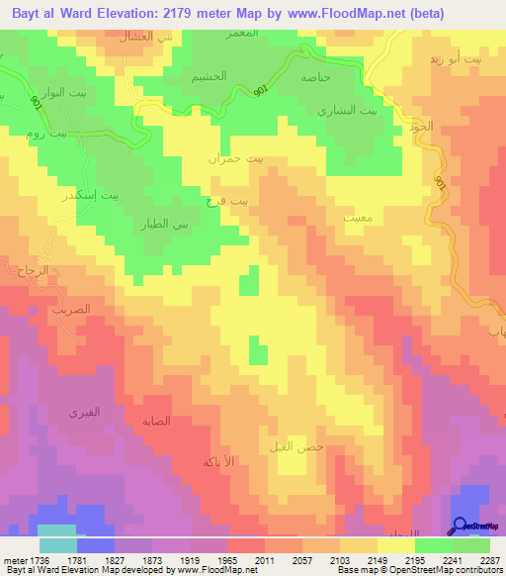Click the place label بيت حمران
(237, 157)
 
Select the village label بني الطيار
(189, 222)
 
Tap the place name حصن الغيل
(295, 446)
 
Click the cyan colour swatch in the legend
(58, 545)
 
